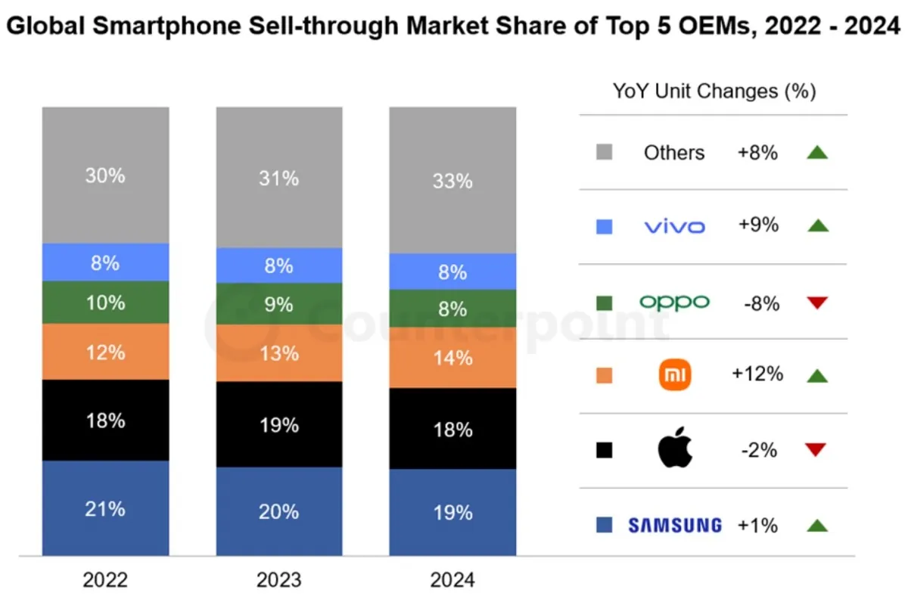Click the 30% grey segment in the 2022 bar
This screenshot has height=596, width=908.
pos(105,175)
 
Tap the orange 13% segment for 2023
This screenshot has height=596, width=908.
pos(279,353)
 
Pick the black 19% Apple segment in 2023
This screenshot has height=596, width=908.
pos(279,424)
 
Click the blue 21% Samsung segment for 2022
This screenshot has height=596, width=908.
pos(105,508)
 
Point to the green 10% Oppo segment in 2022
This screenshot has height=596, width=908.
pos(105,303)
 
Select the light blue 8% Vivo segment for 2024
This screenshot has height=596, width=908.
pos(452,272)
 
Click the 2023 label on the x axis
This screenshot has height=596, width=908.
pos(279,580)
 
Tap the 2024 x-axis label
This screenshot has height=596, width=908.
pos(452,580)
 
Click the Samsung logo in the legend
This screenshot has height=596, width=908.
pos(674,525)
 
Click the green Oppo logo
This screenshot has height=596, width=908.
pos(674,303)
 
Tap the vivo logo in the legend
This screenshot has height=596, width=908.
pos(674,226)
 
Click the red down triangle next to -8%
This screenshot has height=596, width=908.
pos(817,303)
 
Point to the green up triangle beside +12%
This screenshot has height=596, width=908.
pos(817,375)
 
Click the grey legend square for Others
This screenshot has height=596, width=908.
pos(604,153)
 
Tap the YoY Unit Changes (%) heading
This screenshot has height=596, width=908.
pos(714,92)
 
